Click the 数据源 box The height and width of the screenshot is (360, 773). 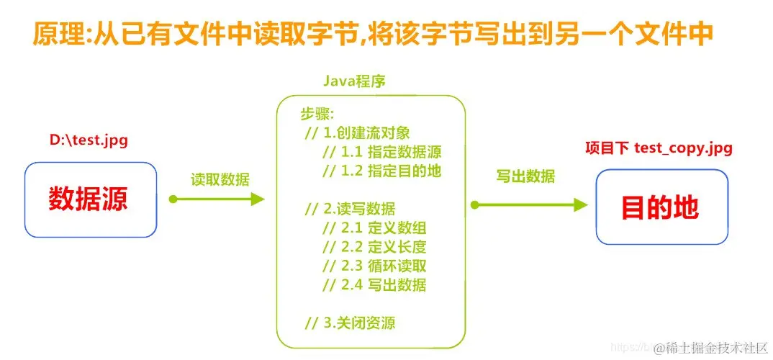coord(91,199)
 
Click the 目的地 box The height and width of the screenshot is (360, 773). coord(661,207)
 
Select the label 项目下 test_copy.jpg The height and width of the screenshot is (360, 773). coord(658,148)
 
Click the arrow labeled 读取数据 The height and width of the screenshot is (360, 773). coord(216,199)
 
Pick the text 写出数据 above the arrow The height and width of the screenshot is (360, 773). coord(525,177)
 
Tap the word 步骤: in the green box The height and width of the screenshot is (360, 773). coord(317,114)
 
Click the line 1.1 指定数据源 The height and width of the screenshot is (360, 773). coord(381,152)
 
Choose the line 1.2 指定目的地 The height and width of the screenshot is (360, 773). coord(381,171)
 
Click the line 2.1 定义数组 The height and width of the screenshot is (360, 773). coord(374,229)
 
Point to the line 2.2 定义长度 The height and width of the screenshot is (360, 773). coord(374,248)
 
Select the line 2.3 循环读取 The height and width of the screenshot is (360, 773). coord(374,266)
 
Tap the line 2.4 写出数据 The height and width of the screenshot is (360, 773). coord(374,285)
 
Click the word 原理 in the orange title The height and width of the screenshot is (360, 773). coord(58,34)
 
